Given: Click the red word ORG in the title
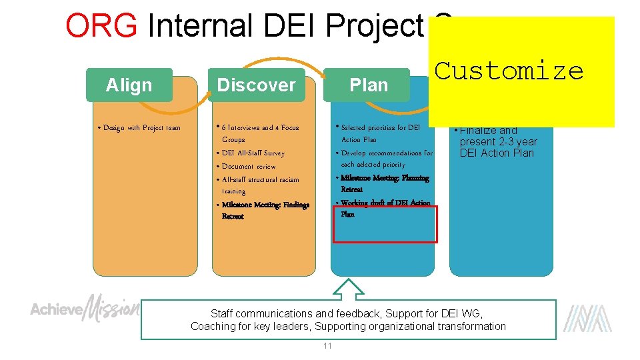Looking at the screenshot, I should tap(102, 27).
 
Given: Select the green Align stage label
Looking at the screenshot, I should tap(129, 85).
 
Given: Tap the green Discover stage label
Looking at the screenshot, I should tap(256, 85).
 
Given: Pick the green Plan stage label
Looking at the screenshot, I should tap(368, 85).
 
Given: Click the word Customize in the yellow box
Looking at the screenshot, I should tap(509, 71).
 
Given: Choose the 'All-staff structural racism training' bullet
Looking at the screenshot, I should tap(260, 185).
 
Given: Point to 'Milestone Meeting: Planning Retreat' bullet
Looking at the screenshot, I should tap(384, 183).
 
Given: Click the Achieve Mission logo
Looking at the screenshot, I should tap(85, 308).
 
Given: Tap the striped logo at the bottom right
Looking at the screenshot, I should tap(587, 318).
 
